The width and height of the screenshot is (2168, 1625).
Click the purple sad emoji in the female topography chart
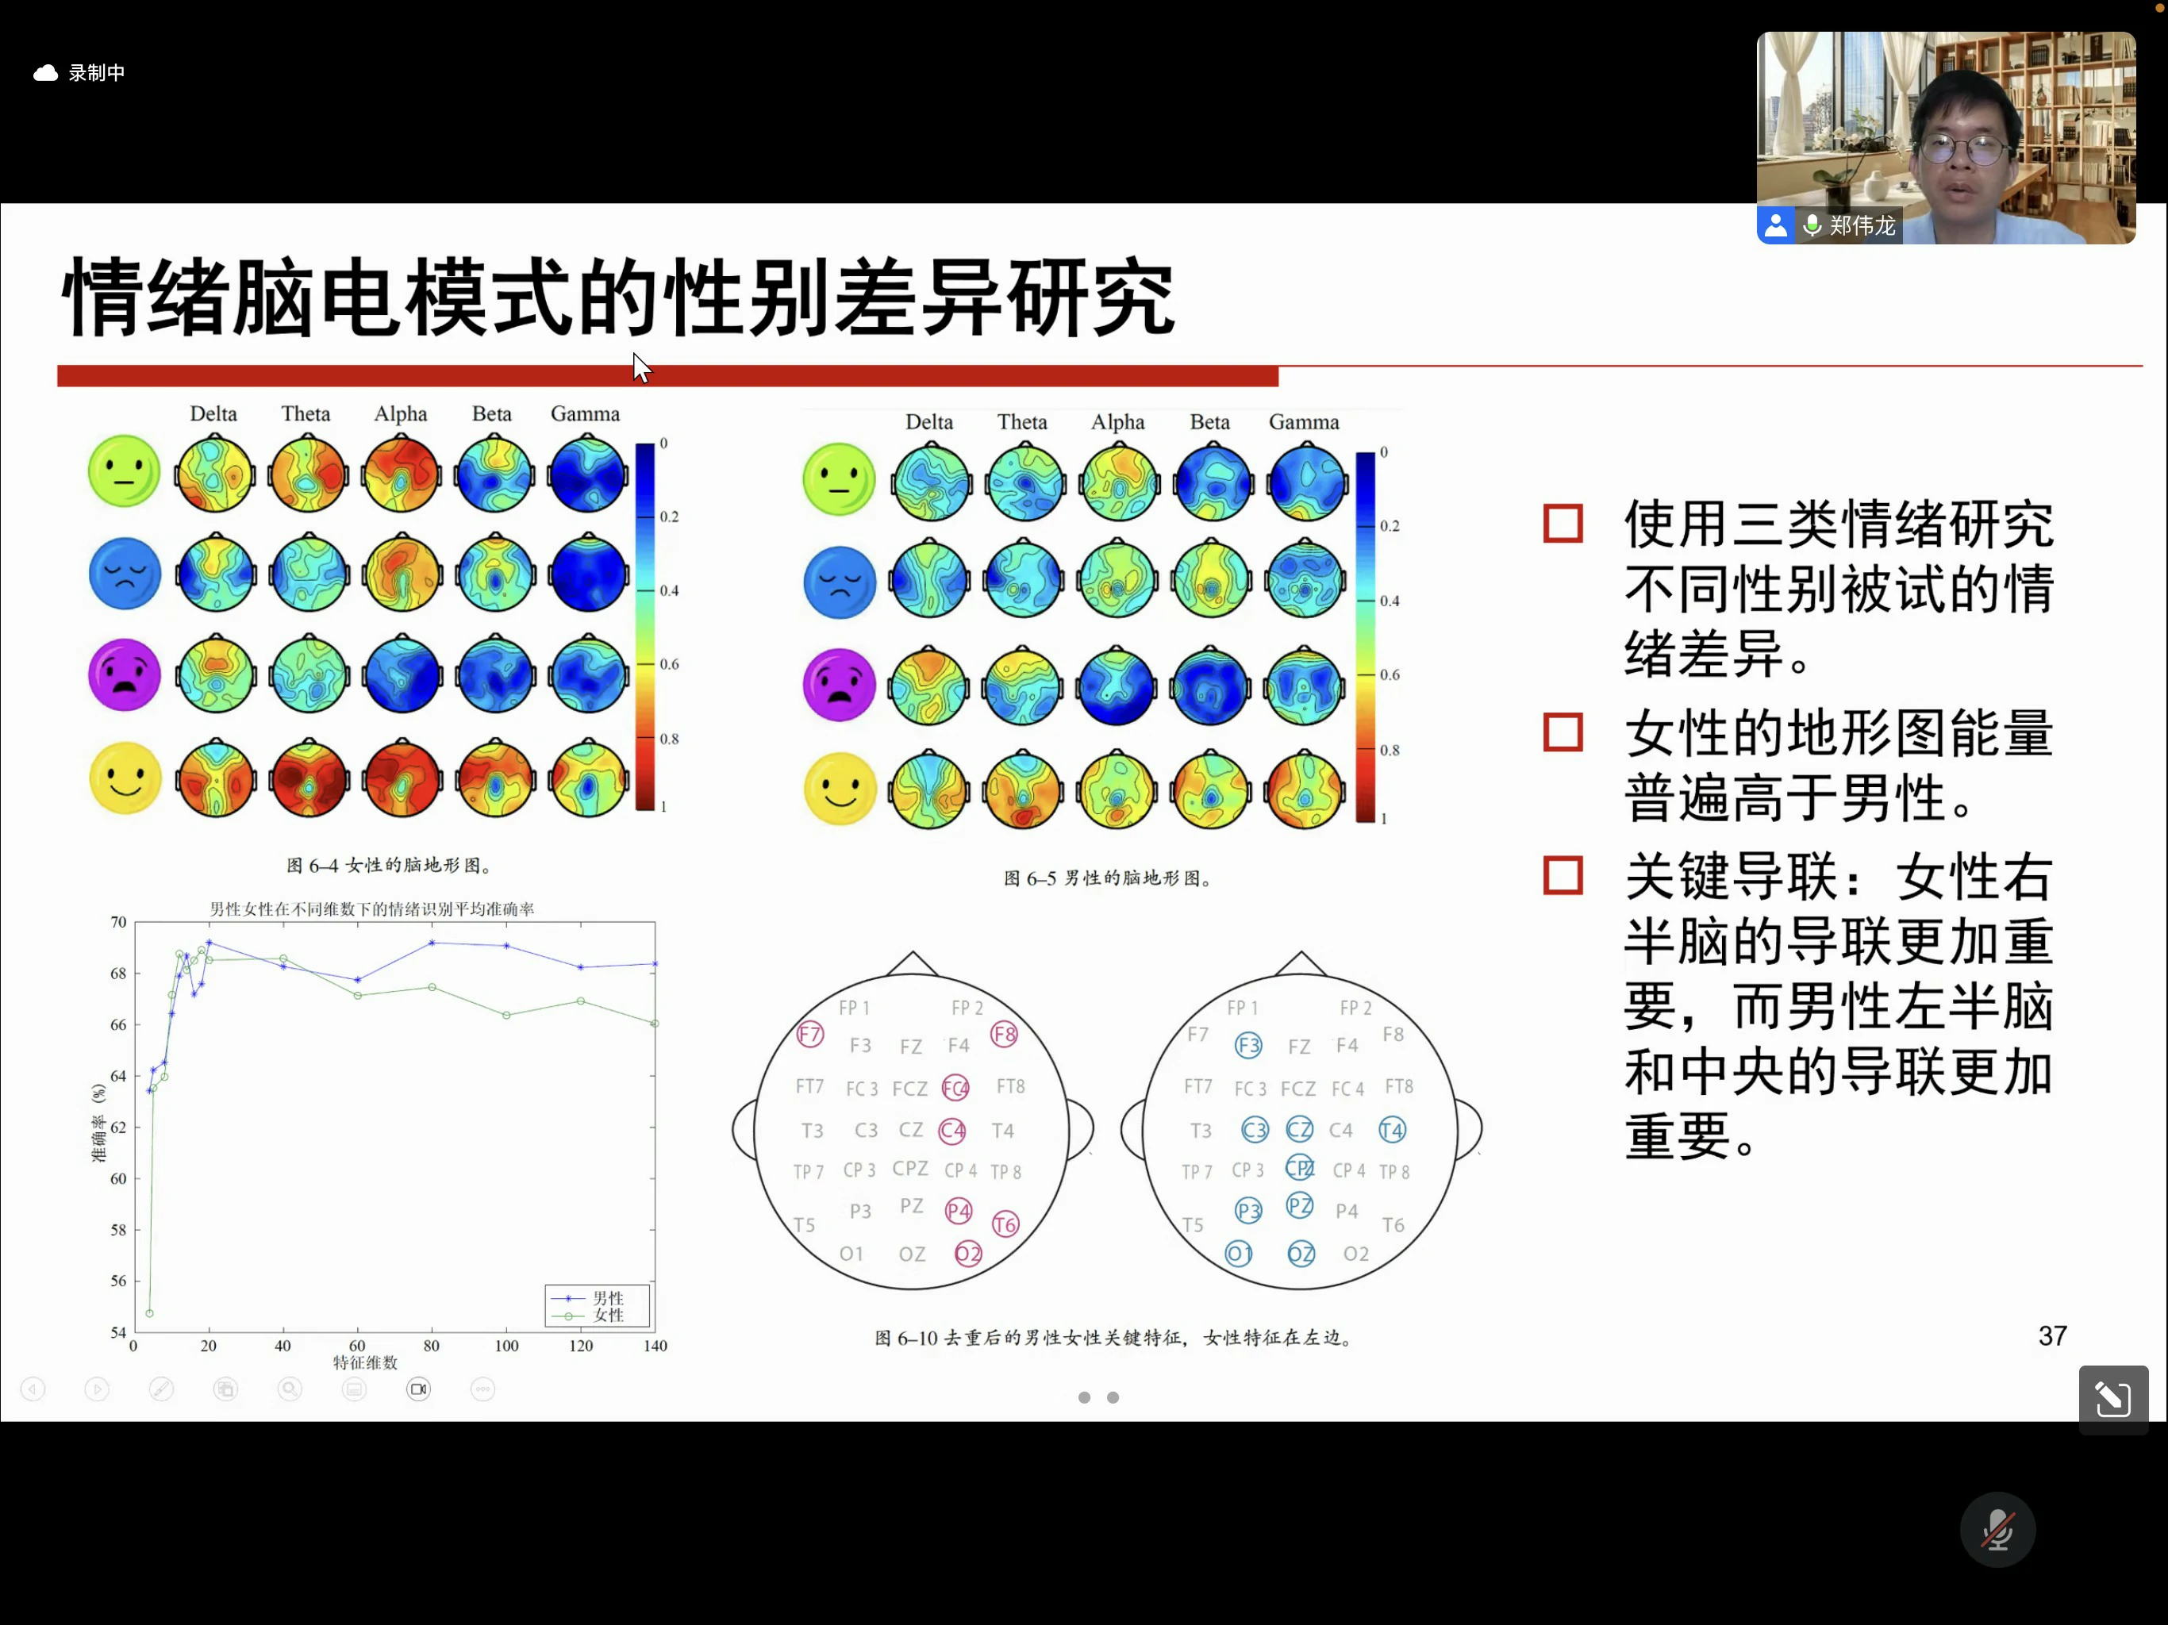click(125, 675)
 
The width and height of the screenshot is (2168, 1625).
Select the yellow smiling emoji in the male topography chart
click(840, 789)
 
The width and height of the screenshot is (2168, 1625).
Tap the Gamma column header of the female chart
click(585, 413)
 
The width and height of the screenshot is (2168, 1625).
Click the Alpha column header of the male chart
click(1118, 422)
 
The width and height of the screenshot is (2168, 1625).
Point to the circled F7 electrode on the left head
click(809, 1034)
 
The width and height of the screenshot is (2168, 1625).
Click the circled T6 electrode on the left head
click(1005, 1224)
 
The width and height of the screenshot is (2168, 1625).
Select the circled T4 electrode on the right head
click(1392, 1130)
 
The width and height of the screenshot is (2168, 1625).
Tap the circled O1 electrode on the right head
click(1239, 1254)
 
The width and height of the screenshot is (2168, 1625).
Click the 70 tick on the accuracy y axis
click(118, 922)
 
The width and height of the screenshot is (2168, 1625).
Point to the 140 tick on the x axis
click(655, 1346)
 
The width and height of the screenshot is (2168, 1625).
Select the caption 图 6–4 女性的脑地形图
click(389, 866)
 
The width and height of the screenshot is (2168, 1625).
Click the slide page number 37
click(2052, 1336)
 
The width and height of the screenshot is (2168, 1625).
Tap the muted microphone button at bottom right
click(1997, 1530)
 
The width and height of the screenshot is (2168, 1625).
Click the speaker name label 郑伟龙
click(1862, 226)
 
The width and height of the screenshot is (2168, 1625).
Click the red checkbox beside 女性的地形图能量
click(1563, 732)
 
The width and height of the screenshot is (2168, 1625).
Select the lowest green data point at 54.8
click(149, 1313)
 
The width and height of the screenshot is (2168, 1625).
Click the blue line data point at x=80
click(432, 943)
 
